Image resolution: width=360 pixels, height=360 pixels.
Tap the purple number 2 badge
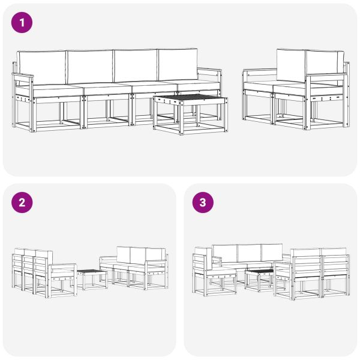coord(22,203)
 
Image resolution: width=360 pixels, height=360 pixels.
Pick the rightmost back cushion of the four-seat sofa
coord(178,64)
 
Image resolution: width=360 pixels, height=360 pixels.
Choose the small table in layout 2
coord(92,275)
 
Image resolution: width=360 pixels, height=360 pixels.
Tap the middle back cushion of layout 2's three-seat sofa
coord(139,254)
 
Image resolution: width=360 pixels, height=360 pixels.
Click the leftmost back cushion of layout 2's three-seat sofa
coord(124,254)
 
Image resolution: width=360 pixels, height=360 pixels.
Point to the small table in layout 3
coord(259,274)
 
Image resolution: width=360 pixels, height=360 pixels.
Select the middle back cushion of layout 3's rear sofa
coord(248,252)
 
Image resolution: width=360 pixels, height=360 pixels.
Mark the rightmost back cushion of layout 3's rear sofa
coord(272,251)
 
